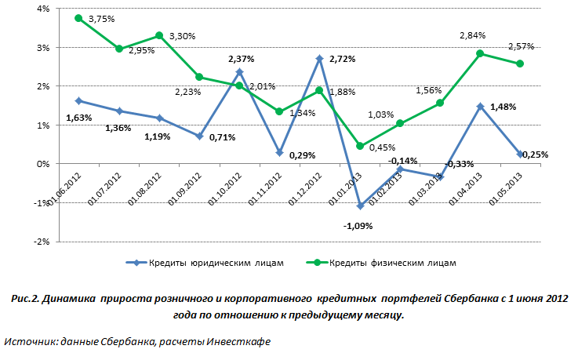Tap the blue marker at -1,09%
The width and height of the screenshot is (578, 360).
tap(360, 206)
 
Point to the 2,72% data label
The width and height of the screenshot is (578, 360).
tap(344, 60)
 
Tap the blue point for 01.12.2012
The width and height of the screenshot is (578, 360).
tap(320, 58)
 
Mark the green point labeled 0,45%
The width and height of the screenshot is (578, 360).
tap(360, 146)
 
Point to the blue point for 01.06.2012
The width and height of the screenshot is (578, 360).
tap(78, 100)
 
